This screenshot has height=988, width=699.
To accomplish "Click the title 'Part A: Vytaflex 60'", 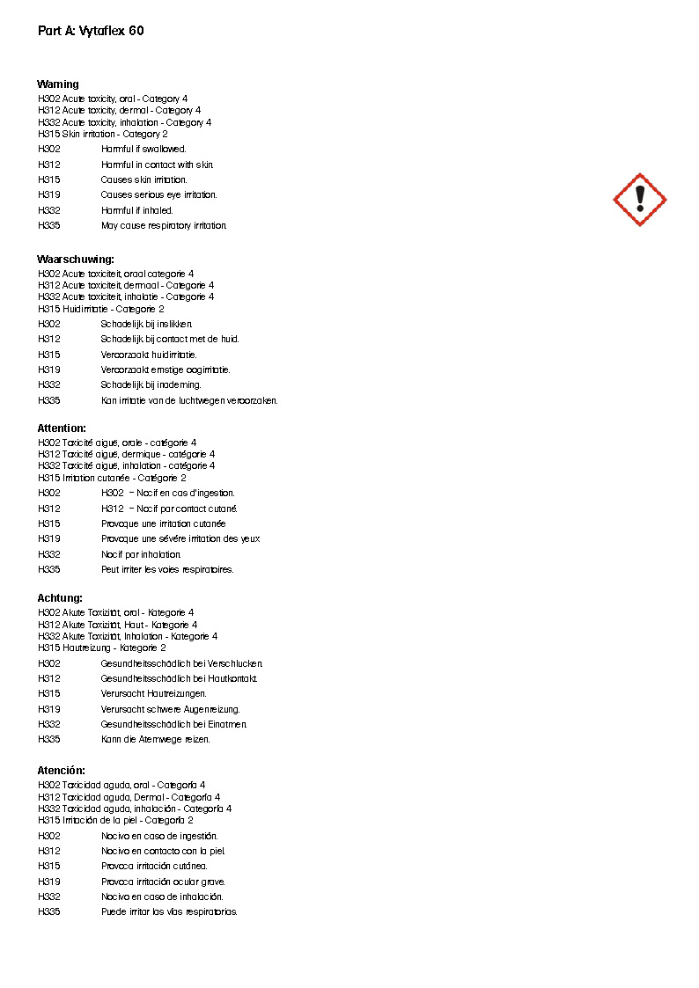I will click(91, 31).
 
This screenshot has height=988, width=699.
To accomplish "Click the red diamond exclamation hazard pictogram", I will click(640, 200).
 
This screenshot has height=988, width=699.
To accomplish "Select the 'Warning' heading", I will click(58, 84).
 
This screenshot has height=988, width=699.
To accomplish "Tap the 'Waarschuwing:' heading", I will click(76, 260).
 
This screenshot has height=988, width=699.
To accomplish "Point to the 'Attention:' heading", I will click(62, 428).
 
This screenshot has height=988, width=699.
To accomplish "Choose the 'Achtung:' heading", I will click(60, 598).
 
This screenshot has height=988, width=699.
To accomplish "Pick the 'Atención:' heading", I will click(62, 771).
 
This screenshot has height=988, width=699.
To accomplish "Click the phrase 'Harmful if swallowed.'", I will click(143, 150).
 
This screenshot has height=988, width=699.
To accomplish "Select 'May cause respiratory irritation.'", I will click(164, 226).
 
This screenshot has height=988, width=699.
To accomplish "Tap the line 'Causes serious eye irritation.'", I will click(158, 195).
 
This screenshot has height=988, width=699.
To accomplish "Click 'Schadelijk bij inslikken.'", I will click(146, 325).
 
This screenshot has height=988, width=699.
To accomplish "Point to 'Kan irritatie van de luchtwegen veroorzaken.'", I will click(189, 401).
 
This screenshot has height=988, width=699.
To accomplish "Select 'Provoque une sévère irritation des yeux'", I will click(180, 539).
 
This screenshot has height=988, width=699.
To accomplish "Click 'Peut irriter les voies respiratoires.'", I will click(167, 570).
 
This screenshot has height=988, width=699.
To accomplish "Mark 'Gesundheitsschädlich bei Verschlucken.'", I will click(181, 663).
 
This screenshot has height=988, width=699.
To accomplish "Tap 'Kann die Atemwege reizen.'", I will click(156, 740).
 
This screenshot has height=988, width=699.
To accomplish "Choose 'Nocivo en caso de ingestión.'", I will click(159, 836).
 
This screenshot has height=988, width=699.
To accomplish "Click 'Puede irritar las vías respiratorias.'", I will click(169, 912).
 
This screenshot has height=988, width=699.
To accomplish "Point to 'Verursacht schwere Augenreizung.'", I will click(170, 709).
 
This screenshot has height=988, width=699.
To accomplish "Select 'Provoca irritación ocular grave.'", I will click(163, 882).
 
